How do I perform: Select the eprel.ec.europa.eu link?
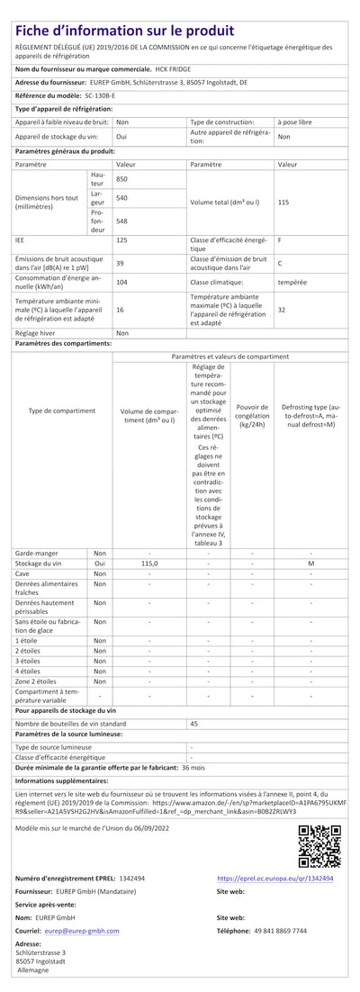[x=275, y=878]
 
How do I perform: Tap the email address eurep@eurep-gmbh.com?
[x=82, y=931]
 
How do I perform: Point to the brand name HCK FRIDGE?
[x=174, y=68]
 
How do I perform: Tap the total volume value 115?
[x=283, y=203]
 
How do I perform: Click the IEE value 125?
[x=121, y=240]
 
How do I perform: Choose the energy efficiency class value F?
[x=280, y=240]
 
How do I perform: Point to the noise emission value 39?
[x=120, y=263]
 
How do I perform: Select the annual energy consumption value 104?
[x=121, y=282]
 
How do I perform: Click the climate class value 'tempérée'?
[x=292, y=282]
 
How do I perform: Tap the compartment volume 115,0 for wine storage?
[x=148, y=563]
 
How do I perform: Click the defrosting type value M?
[x=310, y=563]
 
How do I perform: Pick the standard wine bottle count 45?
[x=193, y=723]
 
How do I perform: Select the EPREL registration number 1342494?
[x=131, y=878]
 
